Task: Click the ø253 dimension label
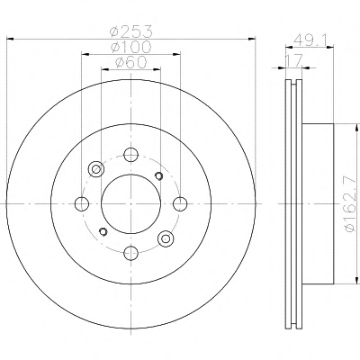pos(131,31)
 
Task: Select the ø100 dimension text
pos(131,47)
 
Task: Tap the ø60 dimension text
pos(131,62)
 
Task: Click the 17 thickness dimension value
pos(292,61)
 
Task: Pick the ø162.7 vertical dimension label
pos(352,204)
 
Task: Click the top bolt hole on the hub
pos(131,155)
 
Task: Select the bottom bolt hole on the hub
pos(131,253)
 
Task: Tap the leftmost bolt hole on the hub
pos(82,204)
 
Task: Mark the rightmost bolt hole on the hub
pos(180,204)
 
